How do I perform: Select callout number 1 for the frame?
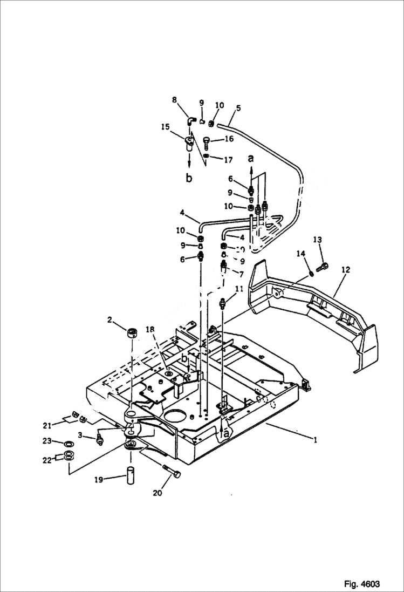316,439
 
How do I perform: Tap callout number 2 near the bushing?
110,320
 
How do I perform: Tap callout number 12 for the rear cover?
345,269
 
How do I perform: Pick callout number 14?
300,253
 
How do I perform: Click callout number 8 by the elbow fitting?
175,99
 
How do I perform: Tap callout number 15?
165,127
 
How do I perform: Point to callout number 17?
229,160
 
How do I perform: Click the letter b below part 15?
189,179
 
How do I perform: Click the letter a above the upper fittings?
251,159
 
